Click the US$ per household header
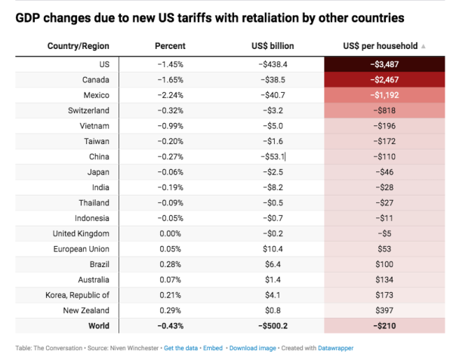[383, 46]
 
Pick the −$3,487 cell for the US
[384, 64]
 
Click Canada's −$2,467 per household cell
[384, 79]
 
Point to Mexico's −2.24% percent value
[169, 95]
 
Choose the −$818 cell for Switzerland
[384, 110]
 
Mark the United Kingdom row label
[81, 234]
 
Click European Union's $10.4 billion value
[274, 249]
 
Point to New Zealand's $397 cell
[384, 311]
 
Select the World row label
[97, 326]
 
